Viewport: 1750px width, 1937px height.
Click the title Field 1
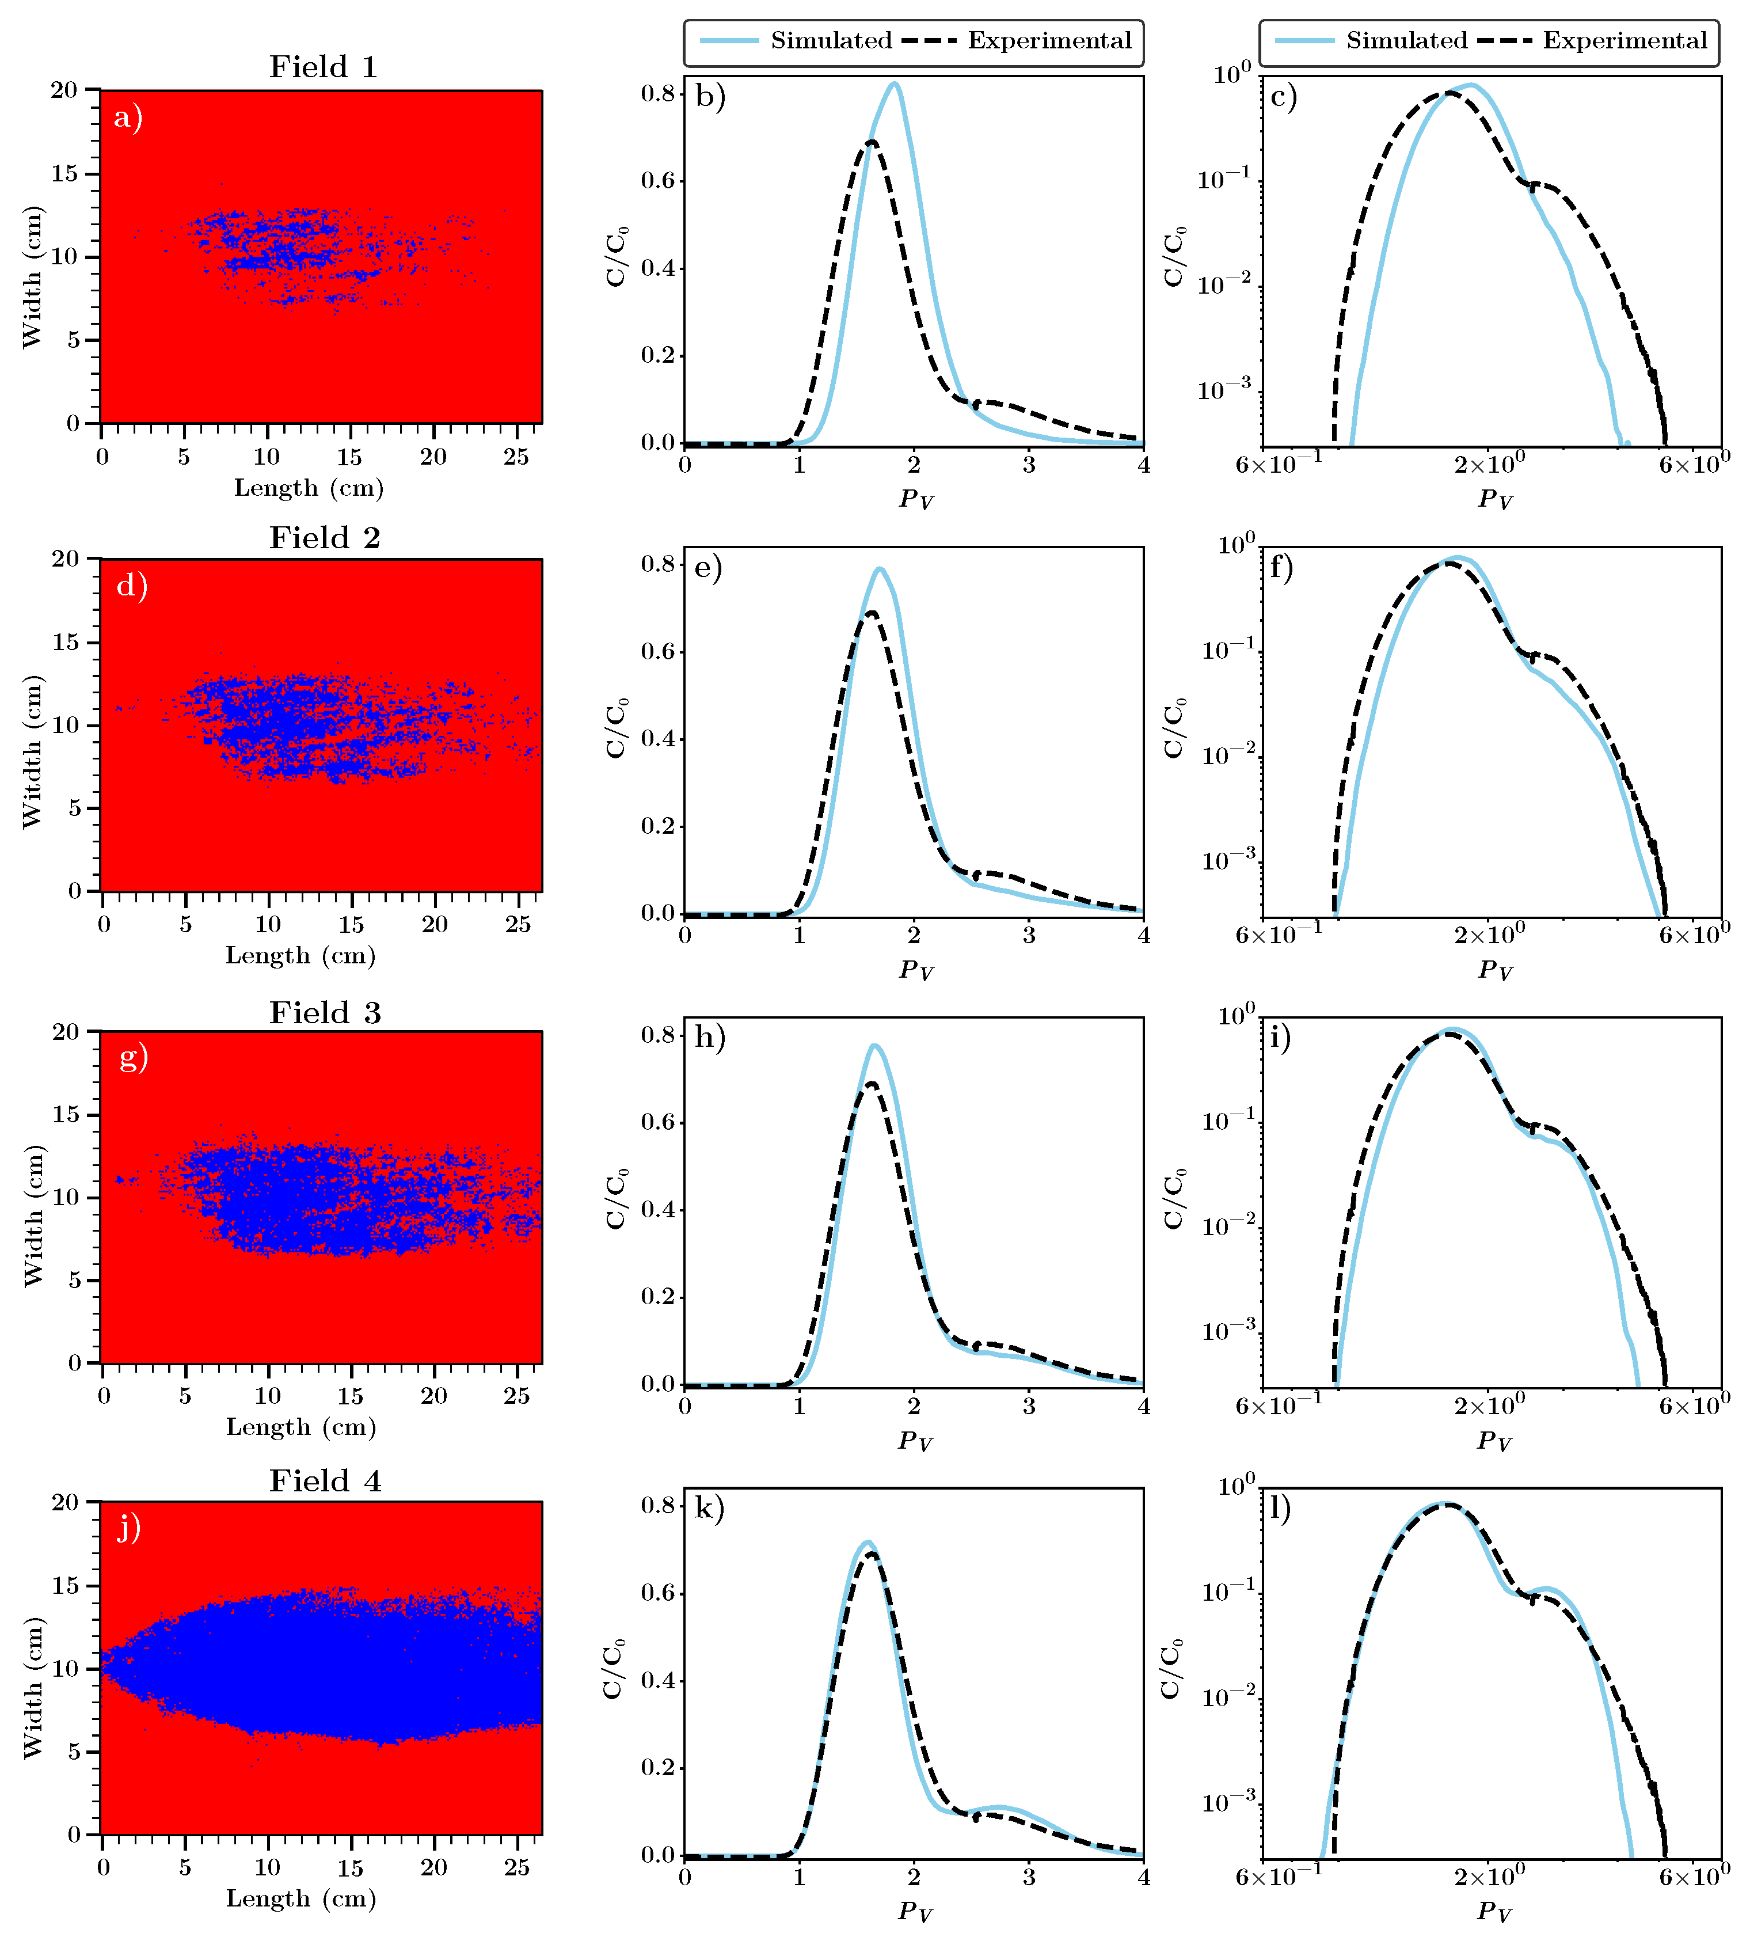(x=323, y=67)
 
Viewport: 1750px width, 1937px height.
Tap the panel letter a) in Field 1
(x=128, y=118)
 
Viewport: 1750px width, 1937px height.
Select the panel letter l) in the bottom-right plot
(x=1280, y=1509)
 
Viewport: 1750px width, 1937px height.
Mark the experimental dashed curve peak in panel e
(x=871, y=612)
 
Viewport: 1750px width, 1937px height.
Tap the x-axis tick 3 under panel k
(x=1029, y=1877)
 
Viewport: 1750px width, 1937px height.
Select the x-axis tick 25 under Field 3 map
(x=517, y=1396)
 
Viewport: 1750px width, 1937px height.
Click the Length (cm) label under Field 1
(x=309, y=488)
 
